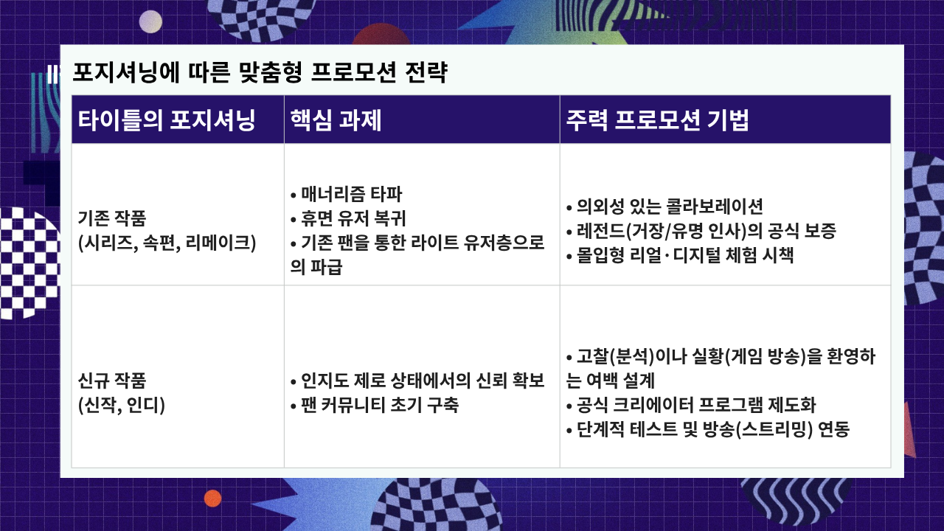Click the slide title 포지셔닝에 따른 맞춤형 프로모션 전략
260,72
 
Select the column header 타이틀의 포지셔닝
167,120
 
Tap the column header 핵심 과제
336,120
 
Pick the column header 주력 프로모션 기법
657,120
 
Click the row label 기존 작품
112,218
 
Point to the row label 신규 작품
112,381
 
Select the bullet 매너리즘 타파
347,194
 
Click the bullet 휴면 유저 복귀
348,218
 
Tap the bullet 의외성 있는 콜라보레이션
664,206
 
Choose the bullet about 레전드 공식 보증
701,231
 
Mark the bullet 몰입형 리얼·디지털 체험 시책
680,255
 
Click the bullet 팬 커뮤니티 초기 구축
374,405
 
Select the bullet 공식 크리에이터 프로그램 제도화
691,405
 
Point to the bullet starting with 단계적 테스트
707,429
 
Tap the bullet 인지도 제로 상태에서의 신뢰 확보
417,381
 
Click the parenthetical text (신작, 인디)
122,406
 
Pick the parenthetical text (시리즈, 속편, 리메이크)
167,243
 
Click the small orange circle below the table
213,499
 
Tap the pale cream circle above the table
150,21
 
